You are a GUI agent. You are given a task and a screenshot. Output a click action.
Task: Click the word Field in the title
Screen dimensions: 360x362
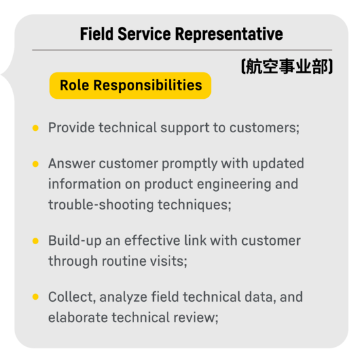97,33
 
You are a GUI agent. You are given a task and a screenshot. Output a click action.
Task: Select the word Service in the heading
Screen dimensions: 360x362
144,33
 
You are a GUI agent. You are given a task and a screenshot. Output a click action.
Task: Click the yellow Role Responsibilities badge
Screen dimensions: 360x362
130,85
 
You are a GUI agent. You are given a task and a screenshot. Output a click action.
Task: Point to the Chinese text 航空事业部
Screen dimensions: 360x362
287,66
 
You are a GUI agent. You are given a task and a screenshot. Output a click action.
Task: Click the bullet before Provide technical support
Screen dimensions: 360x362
35,128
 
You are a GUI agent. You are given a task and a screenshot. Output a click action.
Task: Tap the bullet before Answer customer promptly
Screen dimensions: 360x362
35,164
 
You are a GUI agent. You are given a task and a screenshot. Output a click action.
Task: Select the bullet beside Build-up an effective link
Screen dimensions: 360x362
35,241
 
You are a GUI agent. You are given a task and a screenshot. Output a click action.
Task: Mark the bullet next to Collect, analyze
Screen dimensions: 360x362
35,297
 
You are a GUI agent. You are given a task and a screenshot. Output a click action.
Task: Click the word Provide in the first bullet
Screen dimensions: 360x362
71,128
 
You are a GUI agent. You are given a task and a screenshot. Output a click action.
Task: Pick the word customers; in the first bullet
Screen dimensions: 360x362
264,128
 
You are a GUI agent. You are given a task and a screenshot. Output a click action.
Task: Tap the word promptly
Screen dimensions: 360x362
190,164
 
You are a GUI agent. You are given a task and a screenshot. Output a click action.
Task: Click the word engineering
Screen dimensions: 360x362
234,185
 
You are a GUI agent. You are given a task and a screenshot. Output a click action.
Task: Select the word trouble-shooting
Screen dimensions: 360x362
101,206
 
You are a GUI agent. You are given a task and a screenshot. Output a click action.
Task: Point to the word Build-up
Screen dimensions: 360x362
75,241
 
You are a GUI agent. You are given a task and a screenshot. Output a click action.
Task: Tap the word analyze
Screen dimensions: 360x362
123,297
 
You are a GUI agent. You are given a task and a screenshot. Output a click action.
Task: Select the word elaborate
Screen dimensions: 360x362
78,317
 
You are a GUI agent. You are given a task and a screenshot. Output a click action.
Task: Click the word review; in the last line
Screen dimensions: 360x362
196,318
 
